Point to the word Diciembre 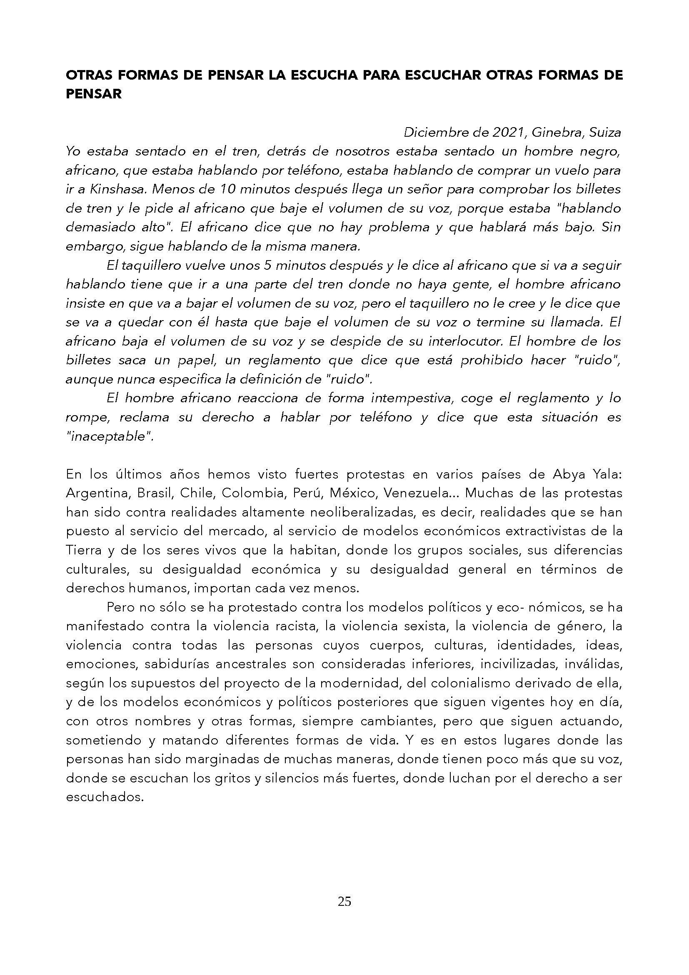435,133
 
